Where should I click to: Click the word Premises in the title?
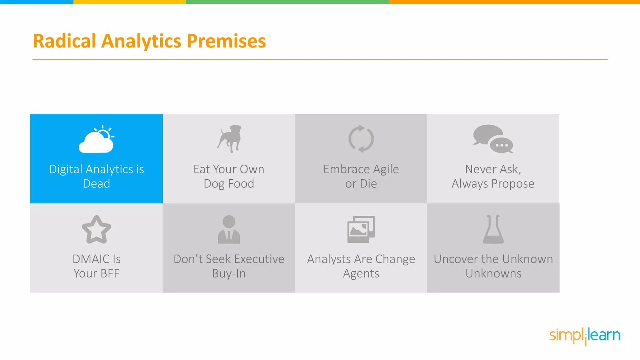pyautogui.click(x=226, y=41)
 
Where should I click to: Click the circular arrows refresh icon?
pyautogui.click(x=361, y=139)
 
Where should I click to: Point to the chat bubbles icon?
pyautogui.click(x=493, y=139)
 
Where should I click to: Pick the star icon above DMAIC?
pyautogui.click(x=96, y=230)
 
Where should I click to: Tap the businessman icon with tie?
pyautogui.click(x=229, y=229)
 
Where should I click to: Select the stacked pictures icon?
pyautogui.click(x=361, y=229)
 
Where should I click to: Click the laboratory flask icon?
pyautogui.click(x=493, y=229)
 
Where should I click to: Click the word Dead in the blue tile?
pyautogui.click(x=96, y=184)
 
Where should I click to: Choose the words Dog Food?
pyautogui.click(x=229, y=184)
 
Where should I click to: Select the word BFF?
pyautogui.click(x=110, y=274)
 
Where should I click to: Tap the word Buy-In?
pyautogui.click(x=229, y=274)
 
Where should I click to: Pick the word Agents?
pyautogui.click(x=361, y=274)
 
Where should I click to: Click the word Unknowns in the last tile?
pyautogui.click(x=493, y=274)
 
